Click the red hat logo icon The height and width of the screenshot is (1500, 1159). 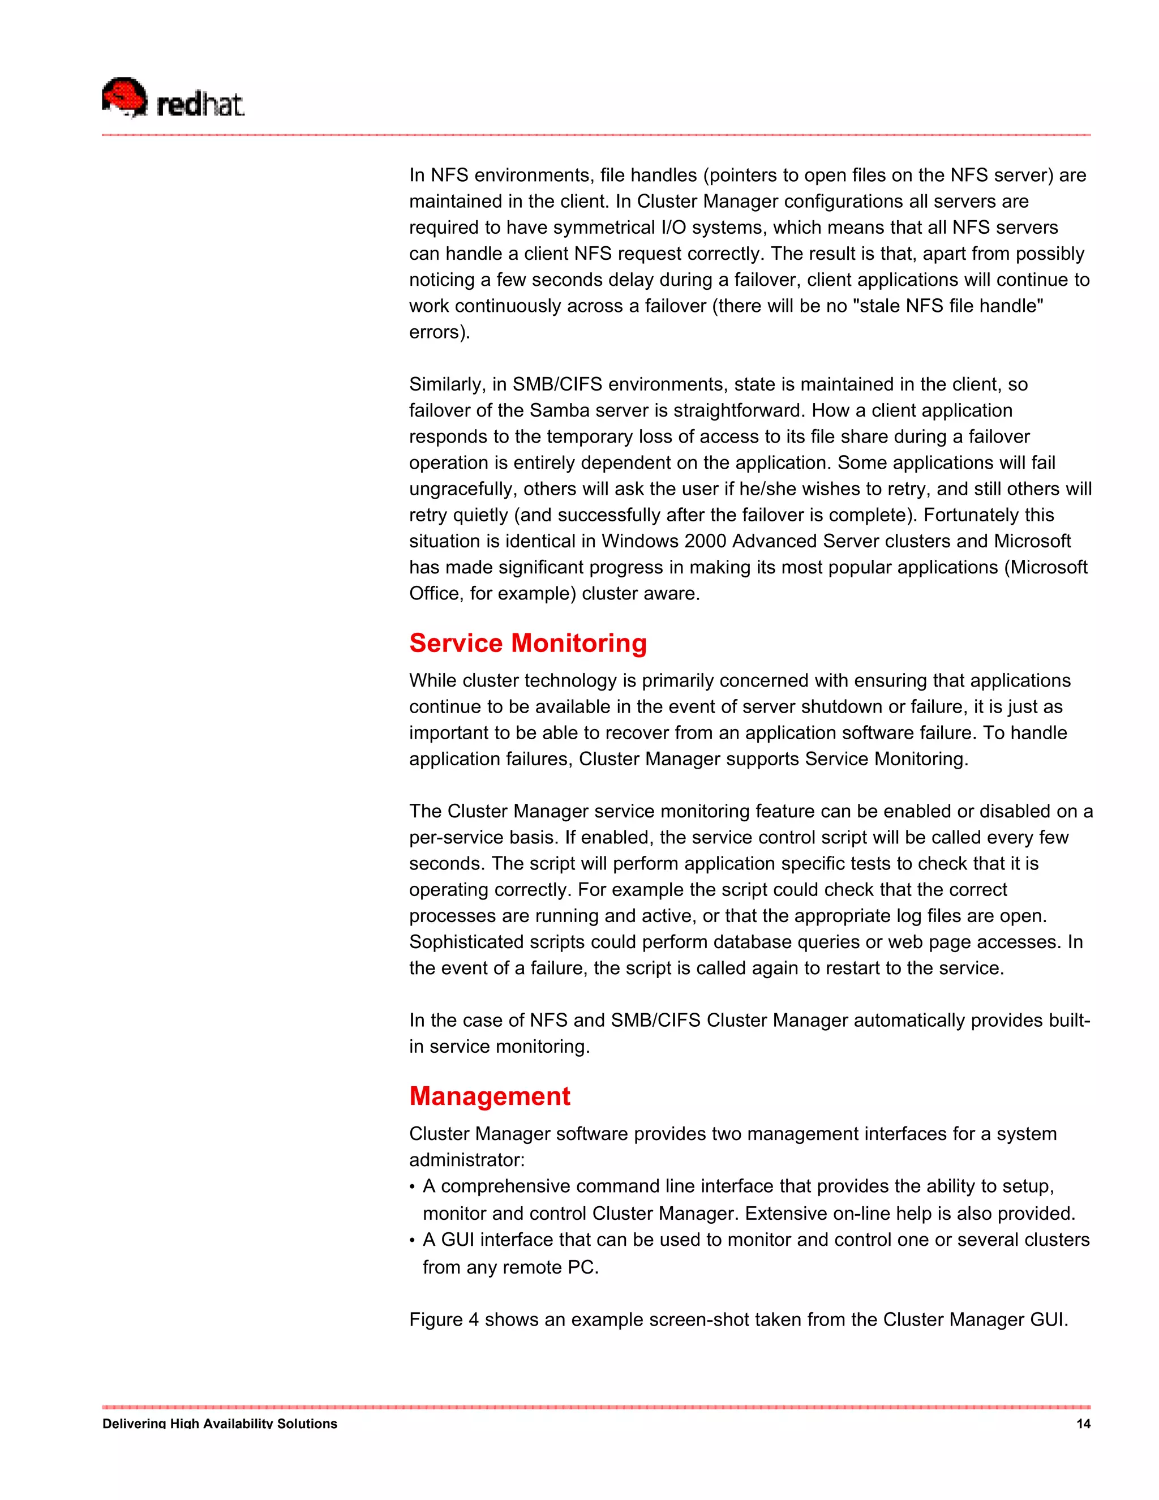pos(125,97)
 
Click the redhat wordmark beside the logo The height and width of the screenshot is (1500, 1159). pos(200,105)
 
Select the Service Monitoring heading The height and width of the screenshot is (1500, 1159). pos(528,644)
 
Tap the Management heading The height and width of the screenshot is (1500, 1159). pos(490,1097)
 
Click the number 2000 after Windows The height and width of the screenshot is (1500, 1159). pos(705,541)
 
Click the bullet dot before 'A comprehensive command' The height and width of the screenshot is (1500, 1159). pos(412,1188)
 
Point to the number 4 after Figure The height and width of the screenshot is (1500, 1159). pos(474,1320)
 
